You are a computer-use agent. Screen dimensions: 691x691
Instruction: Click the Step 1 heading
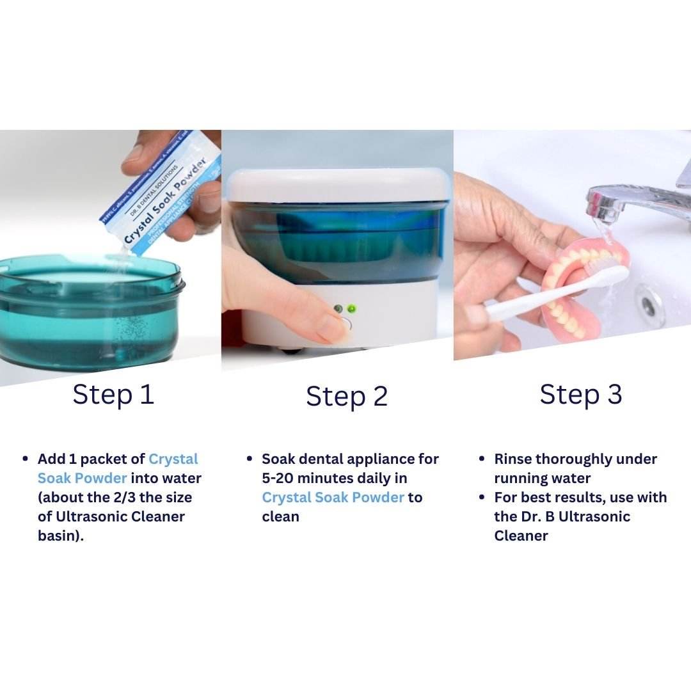113,394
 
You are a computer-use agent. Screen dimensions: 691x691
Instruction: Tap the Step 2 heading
347,396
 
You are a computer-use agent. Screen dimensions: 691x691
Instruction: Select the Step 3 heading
580,394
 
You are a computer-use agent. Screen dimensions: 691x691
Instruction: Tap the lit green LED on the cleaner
351,309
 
